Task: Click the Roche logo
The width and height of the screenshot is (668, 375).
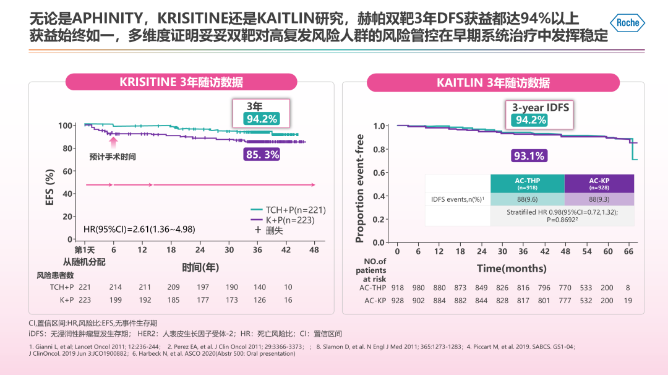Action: [x=628, y=23]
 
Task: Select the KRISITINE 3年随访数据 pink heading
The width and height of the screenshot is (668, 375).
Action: [x=181, y=83]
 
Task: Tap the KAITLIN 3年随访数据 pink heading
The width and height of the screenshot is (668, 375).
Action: [x=493, y=83]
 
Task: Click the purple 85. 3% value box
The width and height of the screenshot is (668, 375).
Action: [x=262, y=155]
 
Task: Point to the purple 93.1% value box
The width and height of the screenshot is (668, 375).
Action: [x=528, y=156]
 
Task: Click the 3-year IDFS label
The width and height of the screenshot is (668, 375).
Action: [x=541, y=108]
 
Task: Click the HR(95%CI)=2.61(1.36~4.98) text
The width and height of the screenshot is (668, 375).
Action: [x=139, y=230]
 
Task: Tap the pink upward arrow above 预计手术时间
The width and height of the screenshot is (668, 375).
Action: [x=113, y=143]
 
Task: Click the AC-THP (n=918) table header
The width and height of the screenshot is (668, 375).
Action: [x=527, y=184]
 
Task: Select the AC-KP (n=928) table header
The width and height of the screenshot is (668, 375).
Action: [x=599, y=184]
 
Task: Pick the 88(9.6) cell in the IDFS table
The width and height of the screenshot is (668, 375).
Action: [x=527, y=199]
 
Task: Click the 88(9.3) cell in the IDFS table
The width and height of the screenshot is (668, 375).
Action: [x=599, y=199]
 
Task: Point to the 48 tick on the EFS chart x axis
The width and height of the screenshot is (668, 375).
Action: [x=314, y=249]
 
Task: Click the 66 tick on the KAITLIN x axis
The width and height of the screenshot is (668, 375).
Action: [x=629, y=251]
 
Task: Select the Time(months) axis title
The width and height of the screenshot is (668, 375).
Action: [x=512, y=269]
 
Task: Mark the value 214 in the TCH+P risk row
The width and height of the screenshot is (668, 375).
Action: [x=115, y=287]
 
